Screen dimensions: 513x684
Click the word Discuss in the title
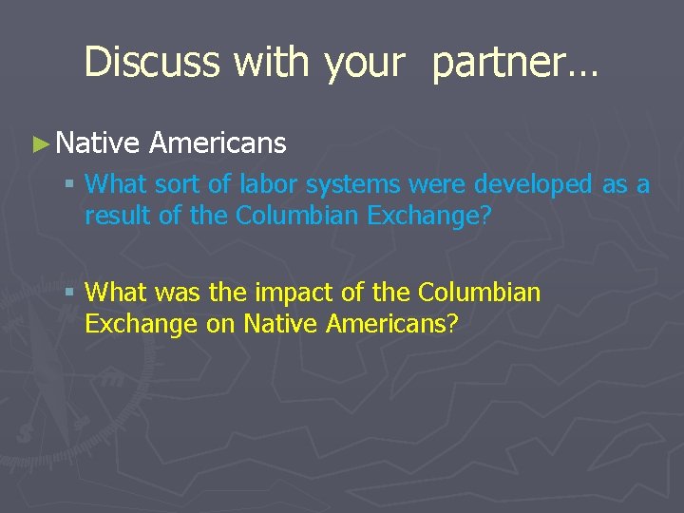pyautogui.click(x=153, y=62)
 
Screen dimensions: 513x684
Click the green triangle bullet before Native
pyautogui.click(x=39, y=143)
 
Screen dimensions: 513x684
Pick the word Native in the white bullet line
pyautogui.click(x=98, y=142)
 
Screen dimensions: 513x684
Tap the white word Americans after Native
pyautogui.click(x=218, y=142)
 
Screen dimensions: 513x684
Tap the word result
pyautogui.click(x=113, y=216)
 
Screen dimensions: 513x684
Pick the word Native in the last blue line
pyautogui.click(x=281, y=325)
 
